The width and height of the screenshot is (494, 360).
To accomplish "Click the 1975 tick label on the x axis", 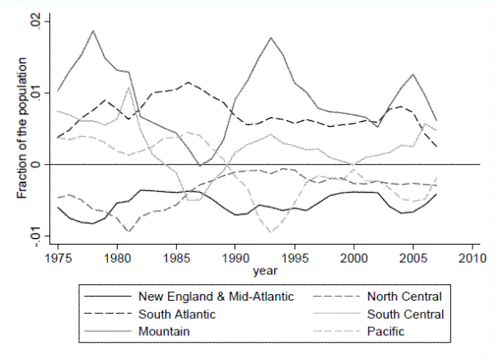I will point(58,256).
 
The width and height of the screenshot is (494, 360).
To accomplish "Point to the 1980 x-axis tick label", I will point(117,256).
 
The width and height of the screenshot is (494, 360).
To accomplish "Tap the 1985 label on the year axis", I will point(176,256).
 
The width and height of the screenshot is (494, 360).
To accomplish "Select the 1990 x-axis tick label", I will point(235,256).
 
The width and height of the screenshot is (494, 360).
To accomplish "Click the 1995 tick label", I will point(295,256).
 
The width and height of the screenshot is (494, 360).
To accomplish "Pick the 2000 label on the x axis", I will point(354,256).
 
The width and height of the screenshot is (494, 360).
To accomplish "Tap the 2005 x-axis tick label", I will point(413,256).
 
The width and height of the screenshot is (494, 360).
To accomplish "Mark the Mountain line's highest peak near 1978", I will point(93,30).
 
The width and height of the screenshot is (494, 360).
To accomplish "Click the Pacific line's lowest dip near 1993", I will point(271,233).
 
